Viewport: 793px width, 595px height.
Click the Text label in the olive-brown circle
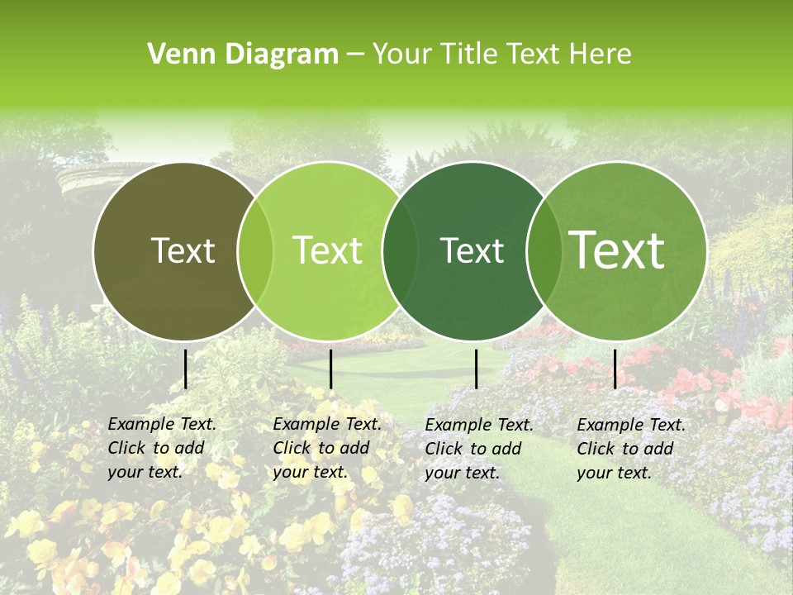tap(183, 251)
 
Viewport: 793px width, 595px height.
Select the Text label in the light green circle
tap(328, 251)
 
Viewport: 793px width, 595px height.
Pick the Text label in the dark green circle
tap(472, 251)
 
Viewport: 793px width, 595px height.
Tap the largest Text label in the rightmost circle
tap(617, 250)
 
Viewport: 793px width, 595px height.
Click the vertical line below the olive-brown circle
tap(186, 369)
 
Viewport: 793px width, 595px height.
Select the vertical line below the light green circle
tap(330, 369)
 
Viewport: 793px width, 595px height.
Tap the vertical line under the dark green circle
tap(477, 369)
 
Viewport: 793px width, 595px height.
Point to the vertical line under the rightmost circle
tap(615, 369)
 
